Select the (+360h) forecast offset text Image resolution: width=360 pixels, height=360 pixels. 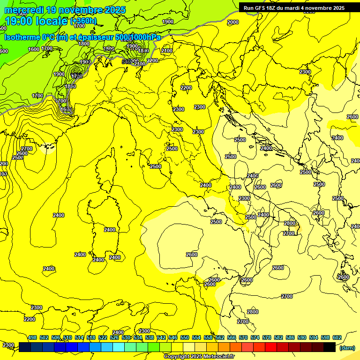(84, 21)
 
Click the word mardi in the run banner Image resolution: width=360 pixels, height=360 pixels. (294, 8)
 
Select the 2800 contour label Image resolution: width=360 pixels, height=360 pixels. (252, 312)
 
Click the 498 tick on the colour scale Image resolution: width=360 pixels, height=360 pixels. (32, 337)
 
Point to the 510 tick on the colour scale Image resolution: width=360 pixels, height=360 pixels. (67, 337)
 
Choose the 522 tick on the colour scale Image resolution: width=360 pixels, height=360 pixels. (103, 337)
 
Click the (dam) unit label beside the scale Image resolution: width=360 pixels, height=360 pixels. (346, 348)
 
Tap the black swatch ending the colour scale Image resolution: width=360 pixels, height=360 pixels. (330, 347)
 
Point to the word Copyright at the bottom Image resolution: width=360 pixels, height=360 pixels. (176, 356)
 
